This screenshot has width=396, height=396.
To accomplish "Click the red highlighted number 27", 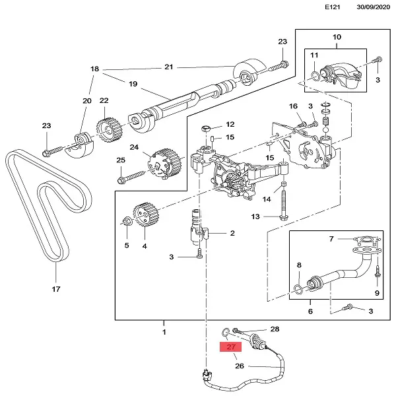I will pyautogui.click(x=230, y=347).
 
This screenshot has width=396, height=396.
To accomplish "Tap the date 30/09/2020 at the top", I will pyautogui.click(x=366, y=7).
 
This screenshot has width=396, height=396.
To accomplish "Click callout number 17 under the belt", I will pyautogui.click(x=55, y=289).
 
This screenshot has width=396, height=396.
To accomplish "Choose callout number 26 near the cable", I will pyautogui.click(x=239, y=366).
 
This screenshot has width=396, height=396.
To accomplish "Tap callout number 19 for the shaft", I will pyautogui.click(x=133, y=84).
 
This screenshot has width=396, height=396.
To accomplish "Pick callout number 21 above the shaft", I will pyautogui.click(x=168, y=67).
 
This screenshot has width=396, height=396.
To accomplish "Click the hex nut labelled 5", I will pyautogui.click(x=127, y=222).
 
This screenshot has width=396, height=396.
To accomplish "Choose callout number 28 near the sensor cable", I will pyautogui.click(x=275, y=329).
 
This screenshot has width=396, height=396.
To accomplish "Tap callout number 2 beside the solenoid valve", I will pyautogui.click(x=232, y=233).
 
